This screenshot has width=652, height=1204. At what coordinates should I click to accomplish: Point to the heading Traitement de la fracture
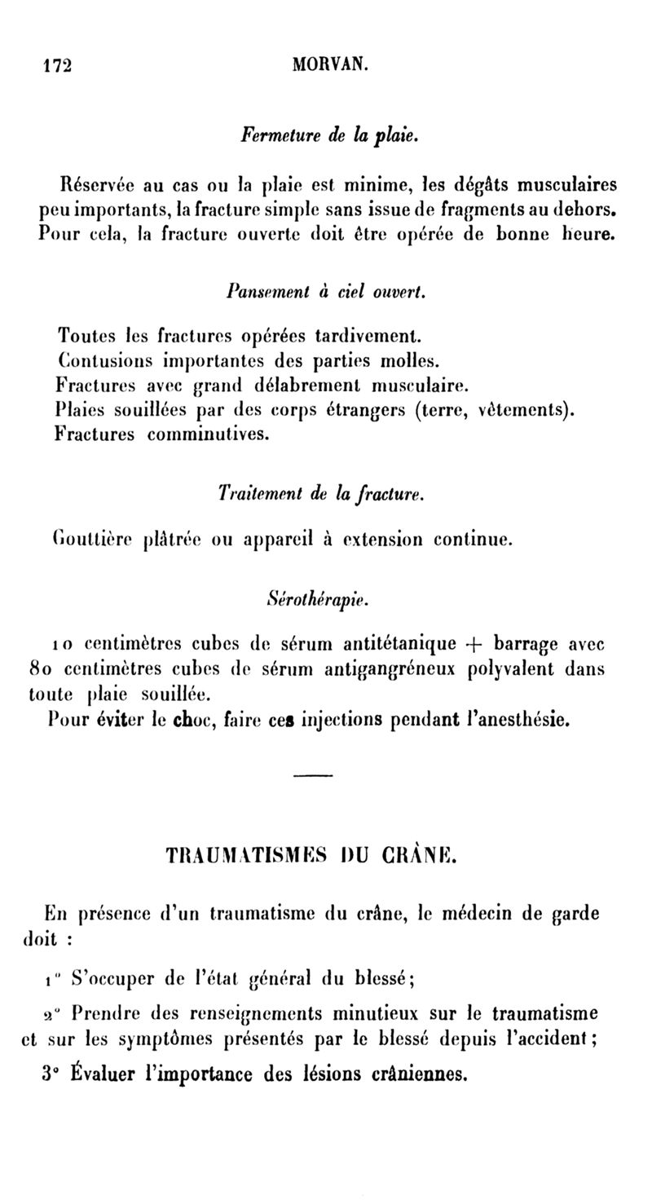click(x=320, y=493)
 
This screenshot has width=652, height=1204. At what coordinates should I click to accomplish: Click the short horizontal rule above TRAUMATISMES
click(x=314, y=774)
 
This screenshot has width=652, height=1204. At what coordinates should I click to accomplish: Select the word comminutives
click(x=208, y=434)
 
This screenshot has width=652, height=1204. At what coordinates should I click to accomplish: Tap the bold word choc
click(x=192, y=720)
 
